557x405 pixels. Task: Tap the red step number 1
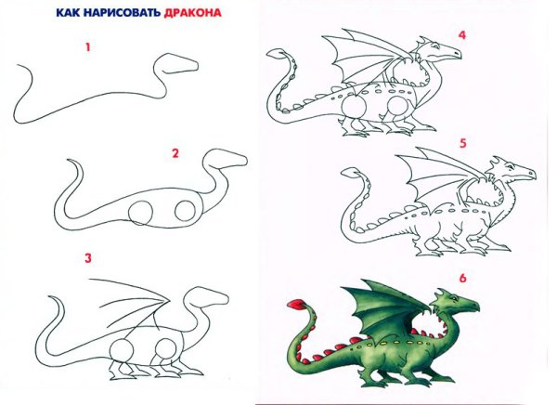(88, 46)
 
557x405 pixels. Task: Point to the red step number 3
(88, 258)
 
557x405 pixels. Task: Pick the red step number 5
(462, 143)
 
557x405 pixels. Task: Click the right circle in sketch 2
(184, 208)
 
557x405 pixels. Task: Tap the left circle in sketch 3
(123, 353)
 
